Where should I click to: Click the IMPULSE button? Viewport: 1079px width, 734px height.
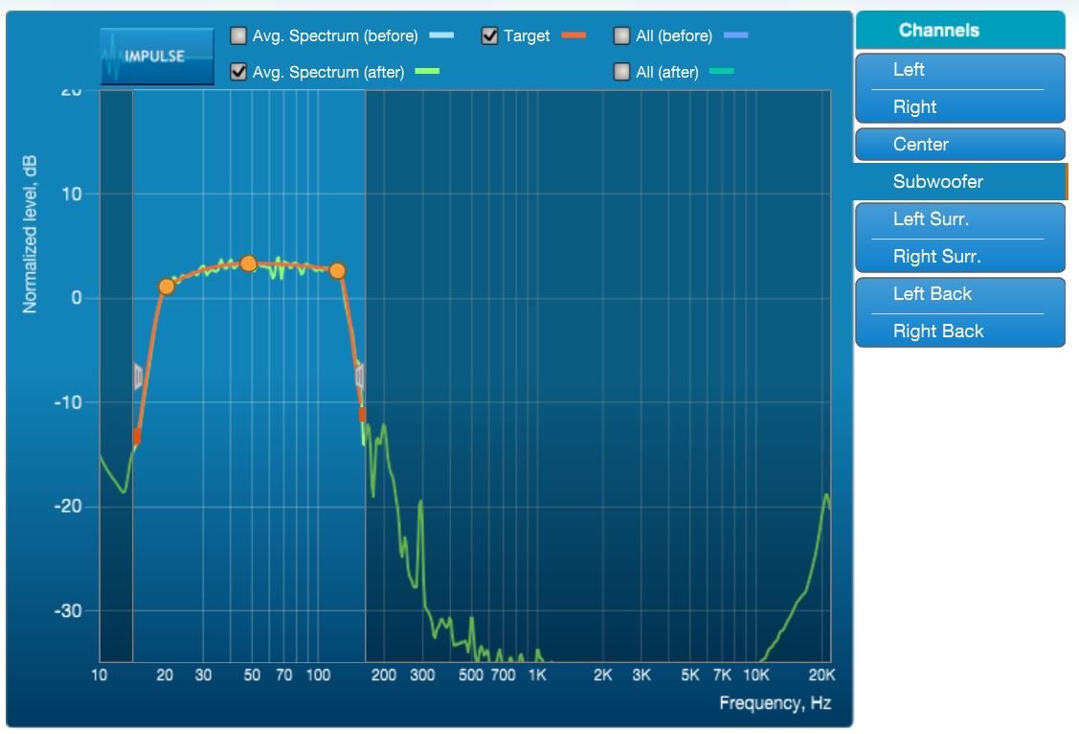pos(157,57)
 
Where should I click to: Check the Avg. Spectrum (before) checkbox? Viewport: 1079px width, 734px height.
pos(238,35)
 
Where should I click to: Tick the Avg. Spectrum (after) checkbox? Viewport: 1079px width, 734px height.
pos(238,72)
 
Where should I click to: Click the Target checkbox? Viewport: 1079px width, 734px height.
pos(489,35)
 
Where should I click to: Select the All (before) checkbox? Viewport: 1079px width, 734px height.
pos(621,35)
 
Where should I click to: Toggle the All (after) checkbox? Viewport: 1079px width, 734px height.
pos(621,72)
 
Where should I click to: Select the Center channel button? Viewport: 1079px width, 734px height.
pos(960,145)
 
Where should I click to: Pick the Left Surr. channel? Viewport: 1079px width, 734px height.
pos(960,220)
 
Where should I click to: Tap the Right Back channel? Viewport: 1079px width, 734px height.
pos(960,332)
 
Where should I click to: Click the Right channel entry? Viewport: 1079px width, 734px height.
pos(960,106)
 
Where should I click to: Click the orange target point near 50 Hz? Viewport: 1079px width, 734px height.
pos(248,263)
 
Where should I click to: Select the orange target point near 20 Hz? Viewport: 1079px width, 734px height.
pos(167,287)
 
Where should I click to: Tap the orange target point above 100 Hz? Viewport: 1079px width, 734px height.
pos(337,270)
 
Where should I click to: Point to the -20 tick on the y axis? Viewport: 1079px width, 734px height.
pos(67,507)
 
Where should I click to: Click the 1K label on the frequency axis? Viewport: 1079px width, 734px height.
pos(537,675)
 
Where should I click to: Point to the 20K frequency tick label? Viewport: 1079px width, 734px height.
pos(821,675)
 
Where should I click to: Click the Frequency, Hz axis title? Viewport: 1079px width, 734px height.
pos(776,703)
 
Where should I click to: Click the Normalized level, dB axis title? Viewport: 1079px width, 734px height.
pos(30,234)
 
